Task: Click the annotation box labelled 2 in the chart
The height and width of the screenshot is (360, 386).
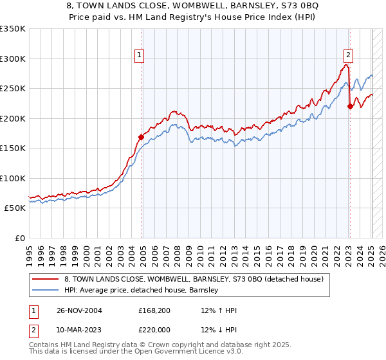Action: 347,55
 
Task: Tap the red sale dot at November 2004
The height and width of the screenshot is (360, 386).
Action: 142,137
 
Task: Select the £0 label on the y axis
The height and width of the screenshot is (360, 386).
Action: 19,238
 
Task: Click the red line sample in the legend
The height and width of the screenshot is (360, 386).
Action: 46,279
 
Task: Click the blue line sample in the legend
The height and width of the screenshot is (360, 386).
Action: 46,291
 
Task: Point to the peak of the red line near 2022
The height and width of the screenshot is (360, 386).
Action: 346,65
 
